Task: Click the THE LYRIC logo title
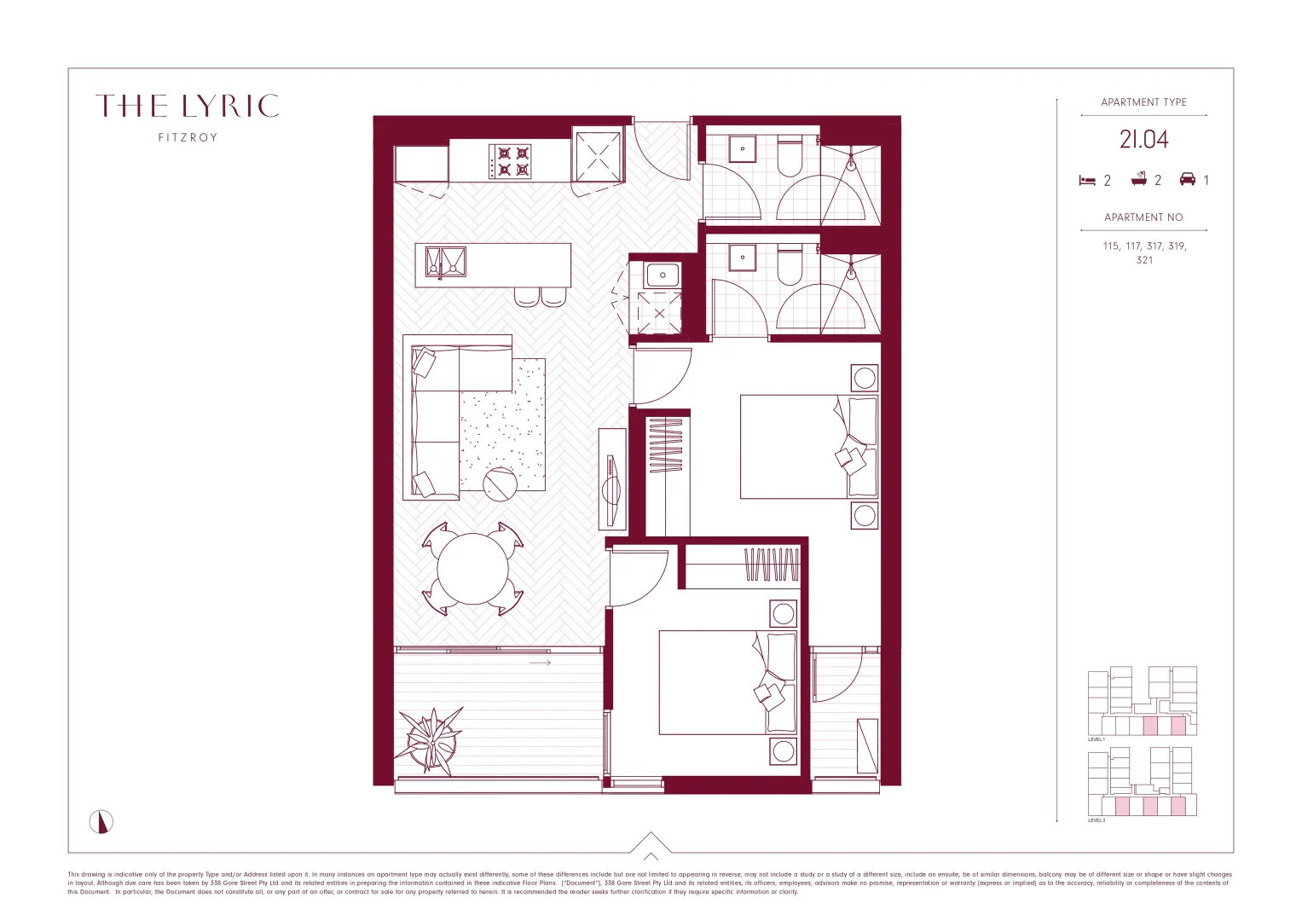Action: (188, 107)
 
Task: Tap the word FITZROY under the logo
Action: (188, 137)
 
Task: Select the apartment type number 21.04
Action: (1143, 140)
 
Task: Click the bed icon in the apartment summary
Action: (1087, 181)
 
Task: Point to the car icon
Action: (1187, 179)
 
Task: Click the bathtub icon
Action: (1138, 179)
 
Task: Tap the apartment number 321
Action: (1144, 260)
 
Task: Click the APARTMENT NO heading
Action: (1143, 217)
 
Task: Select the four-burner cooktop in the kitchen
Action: (510, 161)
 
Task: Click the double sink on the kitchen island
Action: (446, 263)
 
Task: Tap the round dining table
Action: (472, 569)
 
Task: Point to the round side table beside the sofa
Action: (501, 484)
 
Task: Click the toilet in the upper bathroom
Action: (790, 156)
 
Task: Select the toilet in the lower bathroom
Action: (790, 264)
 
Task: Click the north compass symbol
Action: (101, 822)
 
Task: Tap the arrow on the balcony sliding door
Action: (541, 663)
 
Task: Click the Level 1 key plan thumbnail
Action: (1143, 702)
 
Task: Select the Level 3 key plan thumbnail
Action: (1143, 782)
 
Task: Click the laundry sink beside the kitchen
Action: (663, 275)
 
